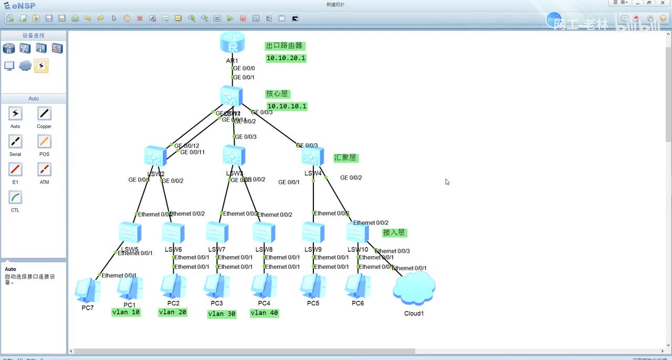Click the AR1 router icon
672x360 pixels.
tap(232, 43)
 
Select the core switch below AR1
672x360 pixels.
tap(232, 97)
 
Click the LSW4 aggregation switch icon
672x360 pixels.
tap(313, 156)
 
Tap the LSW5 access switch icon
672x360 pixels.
tap(129, 232)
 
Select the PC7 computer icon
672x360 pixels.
tap(87, 290)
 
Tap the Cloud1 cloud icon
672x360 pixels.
tap(414, 289)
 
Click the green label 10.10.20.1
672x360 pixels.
tap(286, 58)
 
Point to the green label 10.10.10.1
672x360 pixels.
tap(287, 106)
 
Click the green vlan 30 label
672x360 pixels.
tap(222, 314)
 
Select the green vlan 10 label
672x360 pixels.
tap(126, 312)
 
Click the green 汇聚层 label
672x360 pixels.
tap(345, 157)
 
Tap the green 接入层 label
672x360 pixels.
tap(394, 232)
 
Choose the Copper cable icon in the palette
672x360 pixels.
tap(44, 113)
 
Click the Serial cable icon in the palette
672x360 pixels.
tap(15, 142)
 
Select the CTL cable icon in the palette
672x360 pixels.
tap(15, 197)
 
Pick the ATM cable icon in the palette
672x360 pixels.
tap(44, 170)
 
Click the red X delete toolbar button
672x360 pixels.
tap(140, 18)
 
